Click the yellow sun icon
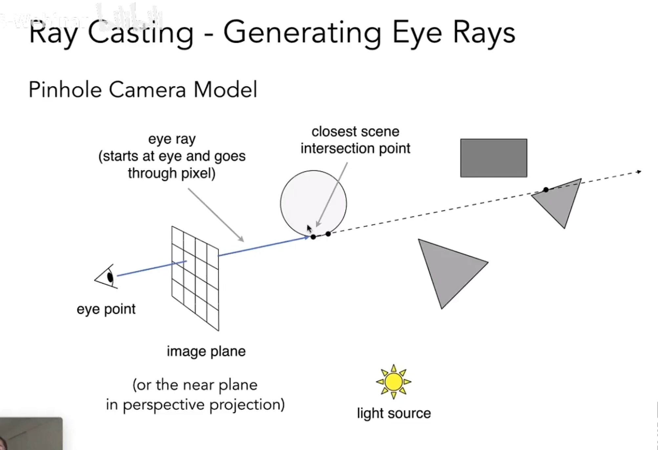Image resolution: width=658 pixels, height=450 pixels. (x=393, y=382)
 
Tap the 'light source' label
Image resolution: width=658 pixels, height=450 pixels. (x=394, y=413)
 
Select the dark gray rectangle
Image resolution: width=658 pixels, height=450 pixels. (x=494, y=158)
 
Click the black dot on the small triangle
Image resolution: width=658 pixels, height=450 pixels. (x=546, y=190)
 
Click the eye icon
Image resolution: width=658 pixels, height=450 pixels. (x=107, y=277)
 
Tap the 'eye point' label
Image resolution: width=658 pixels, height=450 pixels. (x=106, y=309)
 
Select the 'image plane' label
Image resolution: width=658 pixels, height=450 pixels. (x=206, y=351)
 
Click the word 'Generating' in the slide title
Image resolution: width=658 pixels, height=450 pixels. (x=302, y=33)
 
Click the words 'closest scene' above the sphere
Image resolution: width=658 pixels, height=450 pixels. (x=355, y=132)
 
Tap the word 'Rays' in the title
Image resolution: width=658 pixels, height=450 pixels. (x=484, y=32)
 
